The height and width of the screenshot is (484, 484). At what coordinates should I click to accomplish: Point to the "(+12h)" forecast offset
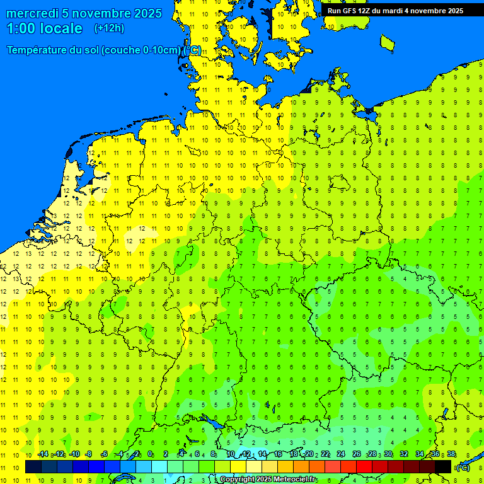pyautogui.click(x=109, y=28)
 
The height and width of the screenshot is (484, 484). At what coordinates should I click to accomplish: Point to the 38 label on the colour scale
pyautogui.click(x=451, y=454)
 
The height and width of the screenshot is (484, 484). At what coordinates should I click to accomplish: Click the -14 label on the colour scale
pyautogui.click(x=42, y=454)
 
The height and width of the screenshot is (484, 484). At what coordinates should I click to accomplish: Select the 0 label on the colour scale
pyautogui.click(x=151, y=454)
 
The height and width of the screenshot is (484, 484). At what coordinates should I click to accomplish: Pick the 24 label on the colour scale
pyautogui.click(x=341, y=454)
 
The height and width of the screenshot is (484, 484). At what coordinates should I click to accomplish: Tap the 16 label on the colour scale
pyautogui.click(x=278, y=454)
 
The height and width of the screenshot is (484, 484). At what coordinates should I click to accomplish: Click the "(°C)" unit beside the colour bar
pyautogui.click(x=463, y=468)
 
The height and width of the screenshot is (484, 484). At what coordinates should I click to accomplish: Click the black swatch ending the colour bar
pyautogui.click(x=443, y=467)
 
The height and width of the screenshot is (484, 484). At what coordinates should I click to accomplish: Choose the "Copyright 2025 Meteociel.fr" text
pyautogui.click(x=268, y=480)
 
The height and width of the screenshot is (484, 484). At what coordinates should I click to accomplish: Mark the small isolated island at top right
pyautogui.click(x=387, y=42)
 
